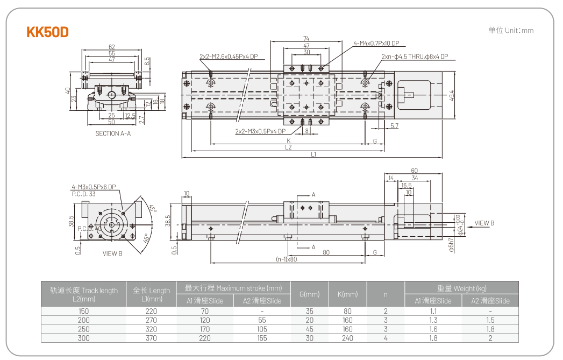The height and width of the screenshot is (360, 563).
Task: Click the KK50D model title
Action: pos(48,32)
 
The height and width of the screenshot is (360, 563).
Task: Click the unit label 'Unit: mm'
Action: pos(511,30)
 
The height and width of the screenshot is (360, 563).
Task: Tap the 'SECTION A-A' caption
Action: pos(113,133)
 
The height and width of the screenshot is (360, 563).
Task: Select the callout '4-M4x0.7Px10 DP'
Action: pos(376,43)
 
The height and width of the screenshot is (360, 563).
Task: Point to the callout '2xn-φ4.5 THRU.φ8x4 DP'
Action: pos(415,57)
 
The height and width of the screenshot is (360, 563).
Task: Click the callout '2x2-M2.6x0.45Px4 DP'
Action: pos(229,56)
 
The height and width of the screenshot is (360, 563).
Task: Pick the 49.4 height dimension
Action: pos(452,95)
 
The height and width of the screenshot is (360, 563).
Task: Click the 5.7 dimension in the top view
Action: pos(394,125)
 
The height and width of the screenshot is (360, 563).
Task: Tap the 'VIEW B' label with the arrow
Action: pos(484,223)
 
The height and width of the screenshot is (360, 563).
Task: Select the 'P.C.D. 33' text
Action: pos(84,193)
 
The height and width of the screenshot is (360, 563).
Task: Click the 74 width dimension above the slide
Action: pos(306,38)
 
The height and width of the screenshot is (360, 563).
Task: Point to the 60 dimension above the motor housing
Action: pos(414,171)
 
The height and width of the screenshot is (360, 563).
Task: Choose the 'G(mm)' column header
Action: pos(309,294)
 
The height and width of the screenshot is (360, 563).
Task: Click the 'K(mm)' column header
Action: pos(347,294)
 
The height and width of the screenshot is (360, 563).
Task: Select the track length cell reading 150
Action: pos(83,311)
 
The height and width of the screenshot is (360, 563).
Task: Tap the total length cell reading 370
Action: pos(151,338)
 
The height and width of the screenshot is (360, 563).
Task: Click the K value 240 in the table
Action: pos(347,338)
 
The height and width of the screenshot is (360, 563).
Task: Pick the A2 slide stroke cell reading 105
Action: pos(262,329)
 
